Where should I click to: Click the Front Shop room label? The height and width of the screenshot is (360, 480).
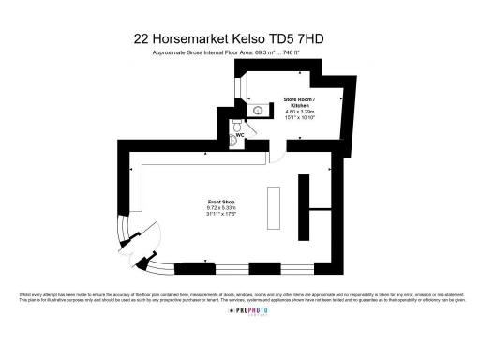coord(220,202)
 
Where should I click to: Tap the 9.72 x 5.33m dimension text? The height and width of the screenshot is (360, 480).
coord(220,208)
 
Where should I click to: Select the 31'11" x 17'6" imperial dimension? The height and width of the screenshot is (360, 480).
coord(220,214)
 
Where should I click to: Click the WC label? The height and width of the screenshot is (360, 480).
coord(240,135)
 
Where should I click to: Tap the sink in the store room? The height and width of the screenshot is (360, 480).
coord(255,110)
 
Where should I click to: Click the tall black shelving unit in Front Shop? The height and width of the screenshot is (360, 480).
coord(303,206)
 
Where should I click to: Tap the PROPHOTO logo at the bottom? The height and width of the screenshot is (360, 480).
coord(241,335)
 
